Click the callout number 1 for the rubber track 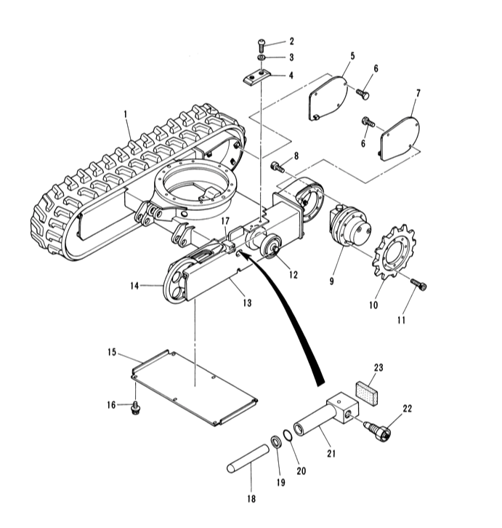point(126,114)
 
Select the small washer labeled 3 point(261,57)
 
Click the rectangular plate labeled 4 point(256,77)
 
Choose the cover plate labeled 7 point(400,138)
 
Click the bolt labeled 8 point(277,167)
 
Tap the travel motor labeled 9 point(350,225)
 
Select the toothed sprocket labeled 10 point(394,251)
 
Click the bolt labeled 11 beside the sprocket point(419,284)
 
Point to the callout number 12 point(293,275)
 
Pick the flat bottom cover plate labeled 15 point(195,388)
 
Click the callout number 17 point(225,221)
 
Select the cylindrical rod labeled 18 point(248,459)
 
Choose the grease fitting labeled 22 point(377,430)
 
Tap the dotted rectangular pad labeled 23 point(366,393)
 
